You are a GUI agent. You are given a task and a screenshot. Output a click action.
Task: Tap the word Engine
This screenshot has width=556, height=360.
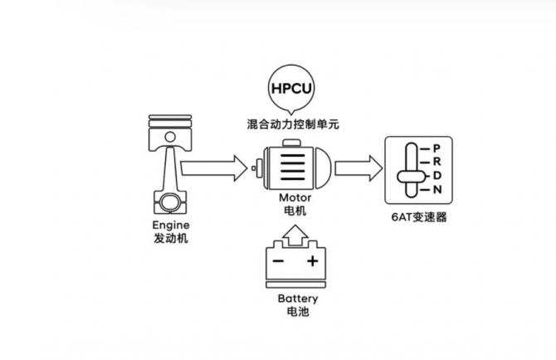point(172,226)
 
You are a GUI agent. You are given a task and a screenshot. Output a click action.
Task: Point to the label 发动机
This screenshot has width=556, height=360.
point(172,239)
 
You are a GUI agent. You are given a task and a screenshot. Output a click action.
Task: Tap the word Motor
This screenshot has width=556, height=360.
point(295,199)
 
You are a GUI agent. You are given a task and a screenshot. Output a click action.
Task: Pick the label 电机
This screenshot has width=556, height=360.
point(295,212)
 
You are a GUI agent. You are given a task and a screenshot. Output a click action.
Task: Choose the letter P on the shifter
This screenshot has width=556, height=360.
point(436,148)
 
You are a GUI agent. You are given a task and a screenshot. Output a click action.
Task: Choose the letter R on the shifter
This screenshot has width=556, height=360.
point(436,163)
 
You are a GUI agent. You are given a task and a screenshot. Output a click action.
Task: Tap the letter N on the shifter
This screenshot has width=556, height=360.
point(436,190)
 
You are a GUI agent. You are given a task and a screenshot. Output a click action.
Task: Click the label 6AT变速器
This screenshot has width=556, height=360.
point(417,218)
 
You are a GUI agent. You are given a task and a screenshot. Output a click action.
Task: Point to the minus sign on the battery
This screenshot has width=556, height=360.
point(278,262)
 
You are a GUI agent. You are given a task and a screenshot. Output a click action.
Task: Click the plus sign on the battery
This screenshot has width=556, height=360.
point(313,262)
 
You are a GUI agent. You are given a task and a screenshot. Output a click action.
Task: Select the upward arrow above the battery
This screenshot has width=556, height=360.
point(294,240)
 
